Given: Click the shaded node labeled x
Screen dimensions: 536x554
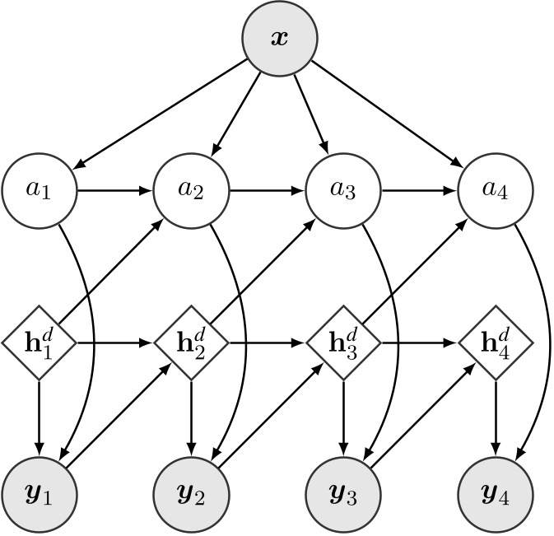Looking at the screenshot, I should pyautogui.click(x=280, y=39).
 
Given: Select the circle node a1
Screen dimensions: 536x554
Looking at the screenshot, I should pyautogui.click(x=39, y=190).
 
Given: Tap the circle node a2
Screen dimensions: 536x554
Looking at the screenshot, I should pyautogui.click(x=191, y=190).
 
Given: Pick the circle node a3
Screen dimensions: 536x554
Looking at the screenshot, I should pyautogui.click(x=343, y=190).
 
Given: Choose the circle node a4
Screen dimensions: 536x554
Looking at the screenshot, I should pyautogui.click(x=496, y=190).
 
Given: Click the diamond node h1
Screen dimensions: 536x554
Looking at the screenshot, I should pyautogui.click(x=39, y=343).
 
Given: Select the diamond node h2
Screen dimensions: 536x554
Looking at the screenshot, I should pyautogui.click(x=191, y=343).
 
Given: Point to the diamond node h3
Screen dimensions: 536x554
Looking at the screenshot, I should pyautogui.click(x=343, y=343).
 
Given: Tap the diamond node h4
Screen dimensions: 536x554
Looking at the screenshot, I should pyautogui.click(x=496, y=343).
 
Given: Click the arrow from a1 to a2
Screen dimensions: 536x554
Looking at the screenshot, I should pyautogui.click(x=114, y=190).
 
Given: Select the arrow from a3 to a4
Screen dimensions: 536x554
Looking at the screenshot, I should pyautogui.click(x=419, y=190).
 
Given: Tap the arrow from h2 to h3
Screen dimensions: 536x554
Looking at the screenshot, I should pyautogui.click(x=267, y=343).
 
